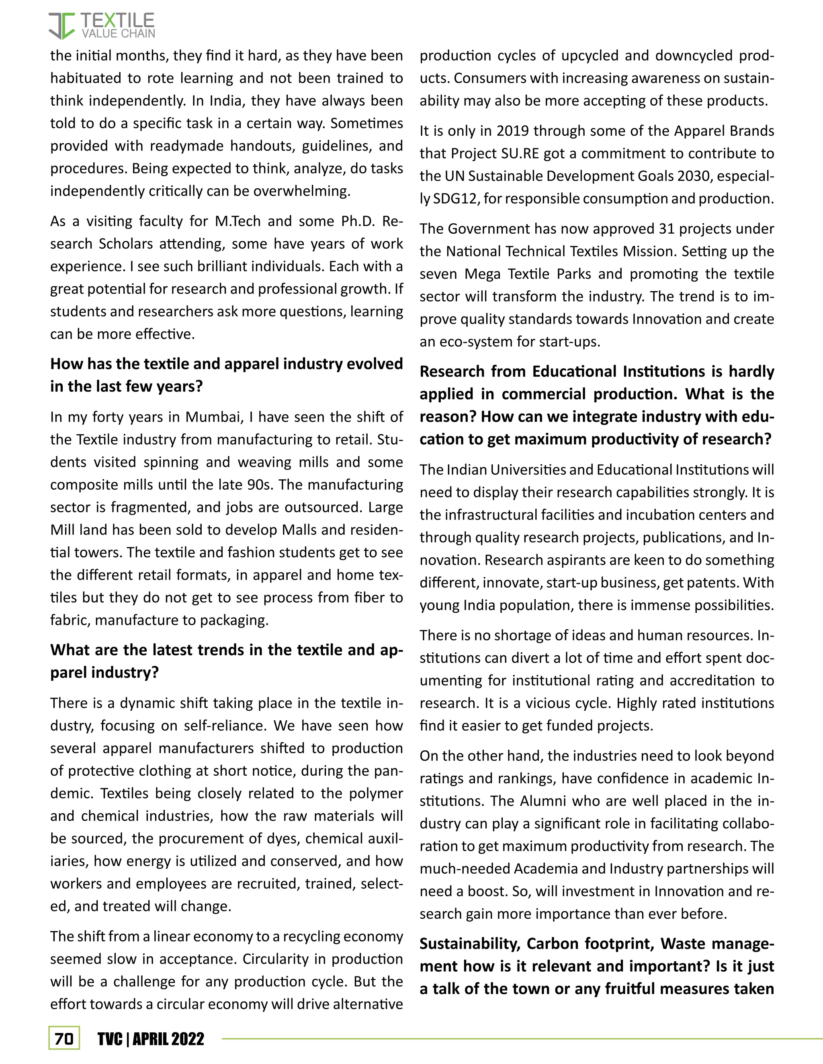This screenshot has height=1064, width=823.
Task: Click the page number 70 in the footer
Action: (64, 1039)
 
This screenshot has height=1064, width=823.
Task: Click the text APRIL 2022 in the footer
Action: (168, 1039)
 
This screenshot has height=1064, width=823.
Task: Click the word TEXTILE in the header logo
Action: (117, 21)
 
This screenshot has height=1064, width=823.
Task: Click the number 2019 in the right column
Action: (513, 131)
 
